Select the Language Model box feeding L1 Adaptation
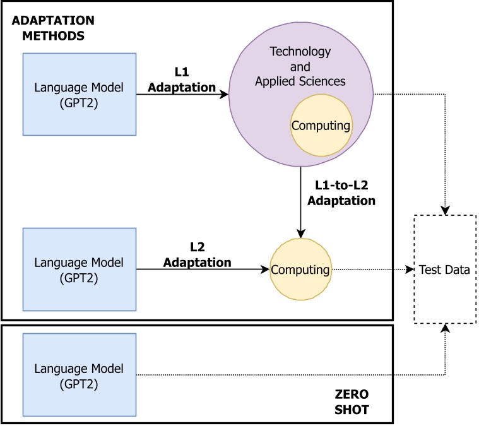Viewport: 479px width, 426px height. (x=80, y=94)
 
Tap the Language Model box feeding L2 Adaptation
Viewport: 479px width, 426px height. (x=80, y=269)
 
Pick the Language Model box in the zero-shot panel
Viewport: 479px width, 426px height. (x=80, y=375)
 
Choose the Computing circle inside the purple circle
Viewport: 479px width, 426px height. (x=320, y=126)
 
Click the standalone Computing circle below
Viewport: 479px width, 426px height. (x=300, y=270)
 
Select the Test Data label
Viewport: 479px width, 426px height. (x=444, y=270)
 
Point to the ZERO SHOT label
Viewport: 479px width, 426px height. (x=352, y=403)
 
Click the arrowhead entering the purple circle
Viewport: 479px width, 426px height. (x=224, y=95)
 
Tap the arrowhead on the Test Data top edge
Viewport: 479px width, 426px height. (x=446, y=211)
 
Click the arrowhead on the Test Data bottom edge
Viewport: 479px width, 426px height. (x=446, y=328)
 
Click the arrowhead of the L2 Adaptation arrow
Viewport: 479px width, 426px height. (x=266, y=269)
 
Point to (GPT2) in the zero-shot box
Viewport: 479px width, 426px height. (x=80, y=382)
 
